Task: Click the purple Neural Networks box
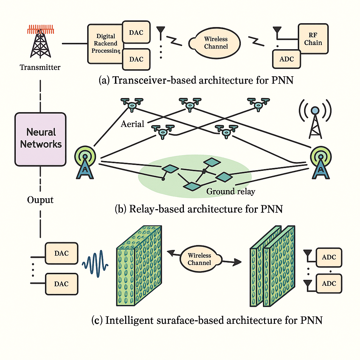40,139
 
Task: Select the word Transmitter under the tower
40,67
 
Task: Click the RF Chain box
313,39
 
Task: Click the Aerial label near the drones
133,124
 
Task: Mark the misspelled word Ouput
40,200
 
